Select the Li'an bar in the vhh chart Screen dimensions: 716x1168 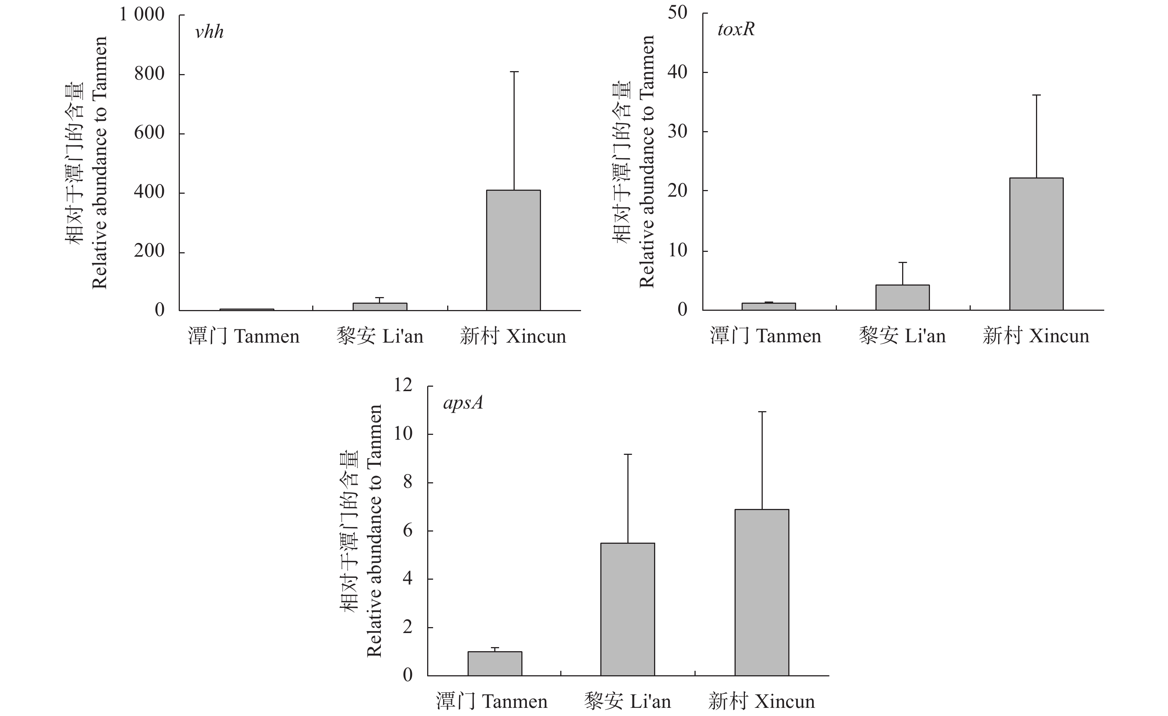click(380, 307)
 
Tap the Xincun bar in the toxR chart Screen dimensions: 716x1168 click(1036, 244)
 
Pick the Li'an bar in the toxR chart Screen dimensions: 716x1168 click(902, 297)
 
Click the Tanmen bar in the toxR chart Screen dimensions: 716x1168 click(768, 306)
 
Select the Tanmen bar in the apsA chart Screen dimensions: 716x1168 click(495, 663)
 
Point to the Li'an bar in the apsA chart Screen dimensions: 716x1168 click(628, 609)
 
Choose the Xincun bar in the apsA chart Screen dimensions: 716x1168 click(762, 592)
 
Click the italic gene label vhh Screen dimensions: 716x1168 click(209, 32)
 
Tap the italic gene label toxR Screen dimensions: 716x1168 click(736, 29)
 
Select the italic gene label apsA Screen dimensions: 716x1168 click(463, 403)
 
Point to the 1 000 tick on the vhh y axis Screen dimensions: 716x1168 click(142, 15)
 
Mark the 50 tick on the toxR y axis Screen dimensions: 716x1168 click(677, 13)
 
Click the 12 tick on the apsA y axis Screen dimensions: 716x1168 click(403, 385)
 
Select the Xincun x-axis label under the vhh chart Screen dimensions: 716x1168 click(513, 337)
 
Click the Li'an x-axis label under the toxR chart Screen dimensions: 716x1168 click(902, 336)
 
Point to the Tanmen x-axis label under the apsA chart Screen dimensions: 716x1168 click(492, 701)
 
